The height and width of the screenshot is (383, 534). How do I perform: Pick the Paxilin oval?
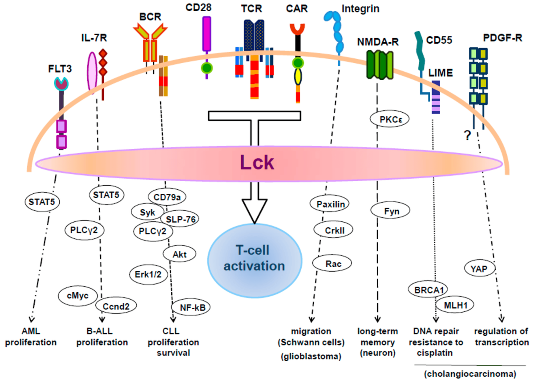(x=330, y=204)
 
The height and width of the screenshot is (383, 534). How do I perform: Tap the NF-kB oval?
(x=191, y=307)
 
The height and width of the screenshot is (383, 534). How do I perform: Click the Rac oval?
(x=328, y=264)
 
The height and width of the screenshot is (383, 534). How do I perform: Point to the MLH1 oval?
(x=455, y=306)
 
